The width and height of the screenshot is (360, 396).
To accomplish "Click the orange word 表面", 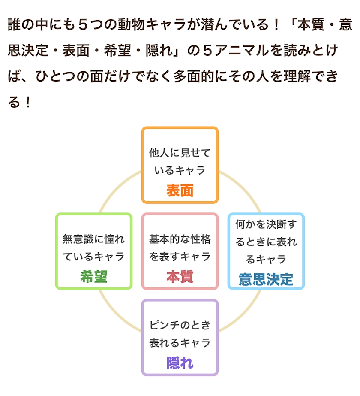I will click(x=180, y=190).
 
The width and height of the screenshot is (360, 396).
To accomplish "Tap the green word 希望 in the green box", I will click(x=93, y=277).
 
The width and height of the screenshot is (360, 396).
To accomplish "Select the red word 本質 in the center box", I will click(x=180, y=277).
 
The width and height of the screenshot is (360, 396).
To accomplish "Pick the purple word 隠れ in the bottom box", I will click(x=180, y=363).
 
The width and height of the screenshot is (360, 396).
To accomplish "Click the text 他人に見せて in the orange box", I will click(x=180, y=153).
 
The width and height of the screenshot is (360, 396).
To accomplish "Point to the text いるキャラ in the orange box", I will click(x=180, y=170).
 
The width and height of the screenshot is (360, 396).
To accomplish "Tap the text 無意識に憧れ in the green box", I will click(x=93, y=239).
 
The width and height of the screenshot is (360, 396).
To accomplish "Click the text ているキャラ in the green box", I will click(x=93, y=257).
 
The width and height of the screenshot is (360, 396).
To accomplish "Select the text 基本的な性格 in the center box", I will click(x=180, y=239).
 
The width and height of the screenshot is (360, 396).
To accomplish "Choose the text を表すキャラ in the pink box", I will click(x=180, y=257).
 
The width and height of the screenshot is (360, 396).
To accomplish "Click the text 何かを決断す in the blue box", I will click(x=266, y=224).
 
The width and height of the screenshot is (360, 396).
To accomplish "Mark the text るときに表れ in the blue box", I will click(x=266, y=242).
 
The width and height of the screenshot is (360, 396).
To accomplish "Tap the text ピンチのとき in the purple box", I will click(x=180, y=325).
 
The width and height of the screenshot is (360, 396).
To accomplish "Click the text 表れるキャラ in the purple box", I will click(x=180, y=343).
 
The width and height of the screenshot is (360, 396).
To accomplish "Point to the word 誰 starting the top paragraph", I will click(x=14, y=24).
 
